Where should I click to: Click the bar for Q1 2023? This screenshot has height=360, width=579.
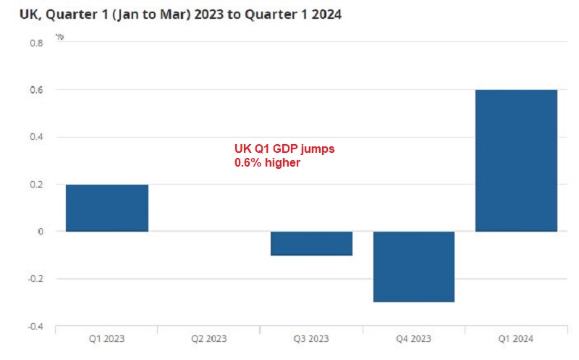coord(107,208)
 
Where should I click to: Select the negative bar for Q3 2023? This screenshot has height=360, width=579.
coord(311,243)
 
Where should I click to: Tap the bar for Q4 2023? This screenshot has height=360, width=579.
coord(414,267)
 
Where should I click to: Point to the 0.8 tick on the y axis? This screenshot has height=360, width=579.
coord(36,43)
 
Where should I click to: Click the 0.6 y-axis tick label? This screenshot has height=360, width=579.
coord(36,90)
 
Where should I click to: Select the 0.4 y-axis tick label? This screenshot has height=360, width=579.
coord(36,137)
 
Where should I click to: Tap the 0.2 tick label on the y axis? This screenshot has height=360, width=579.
coord(36,185)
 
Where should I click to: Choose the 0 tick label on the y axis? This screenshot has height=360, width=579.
coord(41,232)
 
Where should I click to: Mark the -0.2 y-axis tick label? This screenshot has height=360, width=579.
coord(35,279)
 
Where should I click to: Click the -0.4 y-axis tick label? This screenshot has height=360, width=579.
coord(35,326)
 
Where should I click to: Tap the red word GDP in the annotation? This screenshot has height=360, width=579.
coord(287,148)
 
